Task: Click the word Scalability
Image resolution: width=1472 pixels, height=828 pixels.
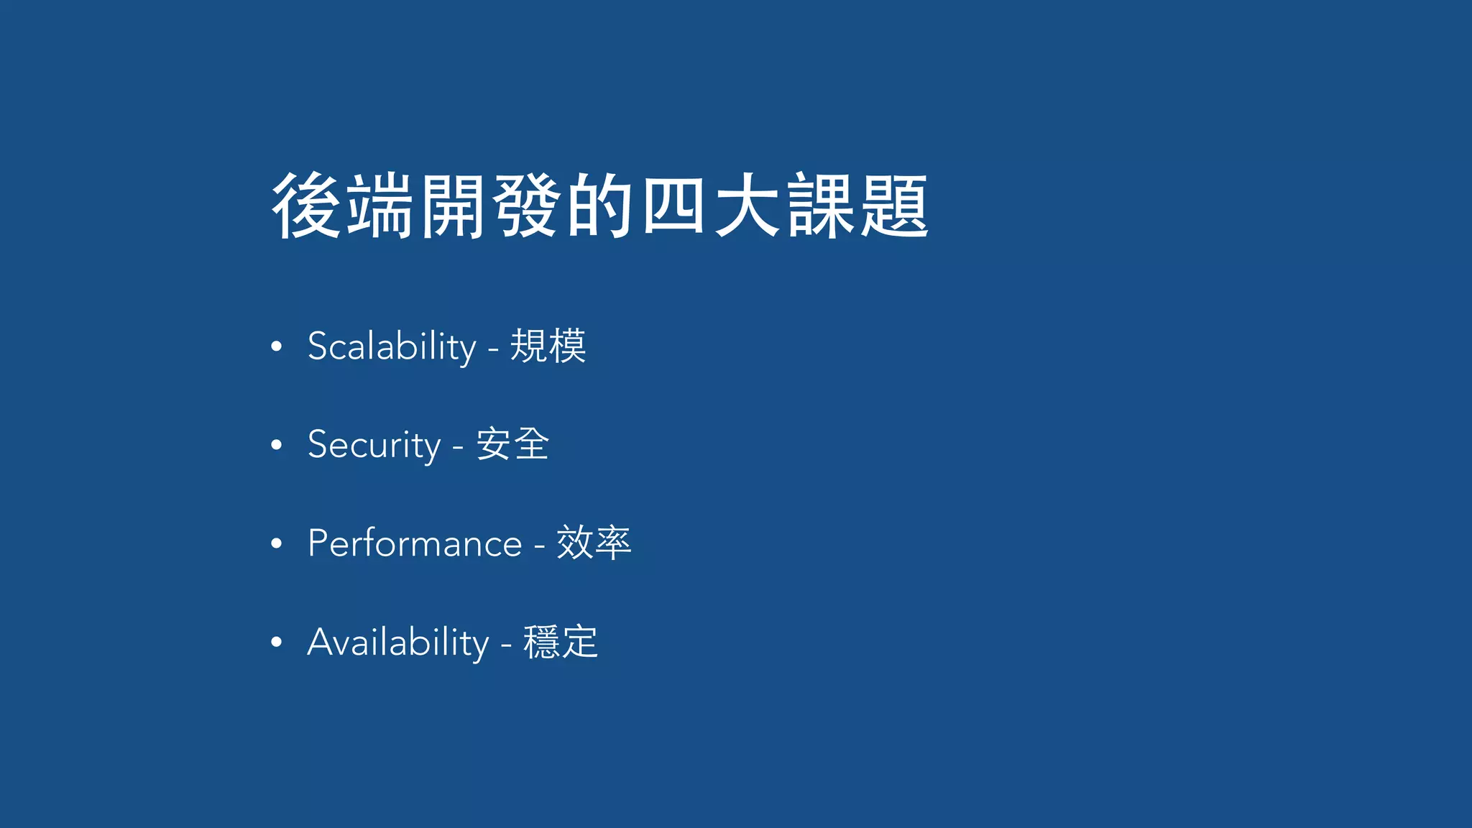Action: click(392, 346)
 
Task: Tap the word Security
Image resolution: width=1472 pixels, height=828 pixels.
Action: click(374, 445)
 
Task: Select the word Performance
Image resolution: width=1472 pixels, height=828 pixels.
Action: click(415, 543)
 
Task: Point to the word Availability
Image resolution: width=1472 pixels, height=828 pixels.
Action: click(398, 642)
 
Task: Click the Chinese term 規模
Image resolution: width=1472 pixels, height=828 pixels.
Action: click(548, 346)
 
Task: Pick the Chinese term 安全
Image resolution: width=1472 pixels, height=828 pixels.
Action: click(512, 444)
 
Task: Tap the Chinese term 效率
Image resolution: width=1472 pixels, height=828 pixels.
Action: click(594, 543)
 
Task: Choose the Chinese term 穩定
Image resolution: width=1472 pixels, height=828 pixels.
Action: click(561, 642)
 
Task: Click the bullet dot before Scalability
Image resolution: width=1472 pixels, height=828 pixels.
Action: click(277, 347)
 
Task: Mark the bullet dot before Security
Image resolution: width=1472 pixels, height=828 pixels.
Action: click(277, 446)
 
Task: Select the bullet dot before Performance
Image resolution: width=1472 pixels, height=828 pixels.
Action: click(277, 544)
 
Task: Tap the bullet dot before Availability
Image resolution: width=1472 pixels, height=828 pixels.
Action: click(277, 643)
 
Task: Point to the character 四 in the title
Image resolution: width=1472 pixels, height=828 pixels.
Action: click(673, 206)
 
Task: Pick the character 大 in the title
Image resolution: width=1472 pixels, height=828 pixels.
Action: click(747, 206)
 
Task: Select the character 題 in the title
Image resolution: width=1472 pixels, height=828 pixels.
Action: click(893, 206)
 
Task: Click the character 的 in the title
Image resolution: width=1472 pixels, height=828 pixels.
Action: click(599, 206)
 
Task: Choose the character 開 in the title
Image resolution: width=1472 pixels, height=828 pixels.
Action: click(453, 206)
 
